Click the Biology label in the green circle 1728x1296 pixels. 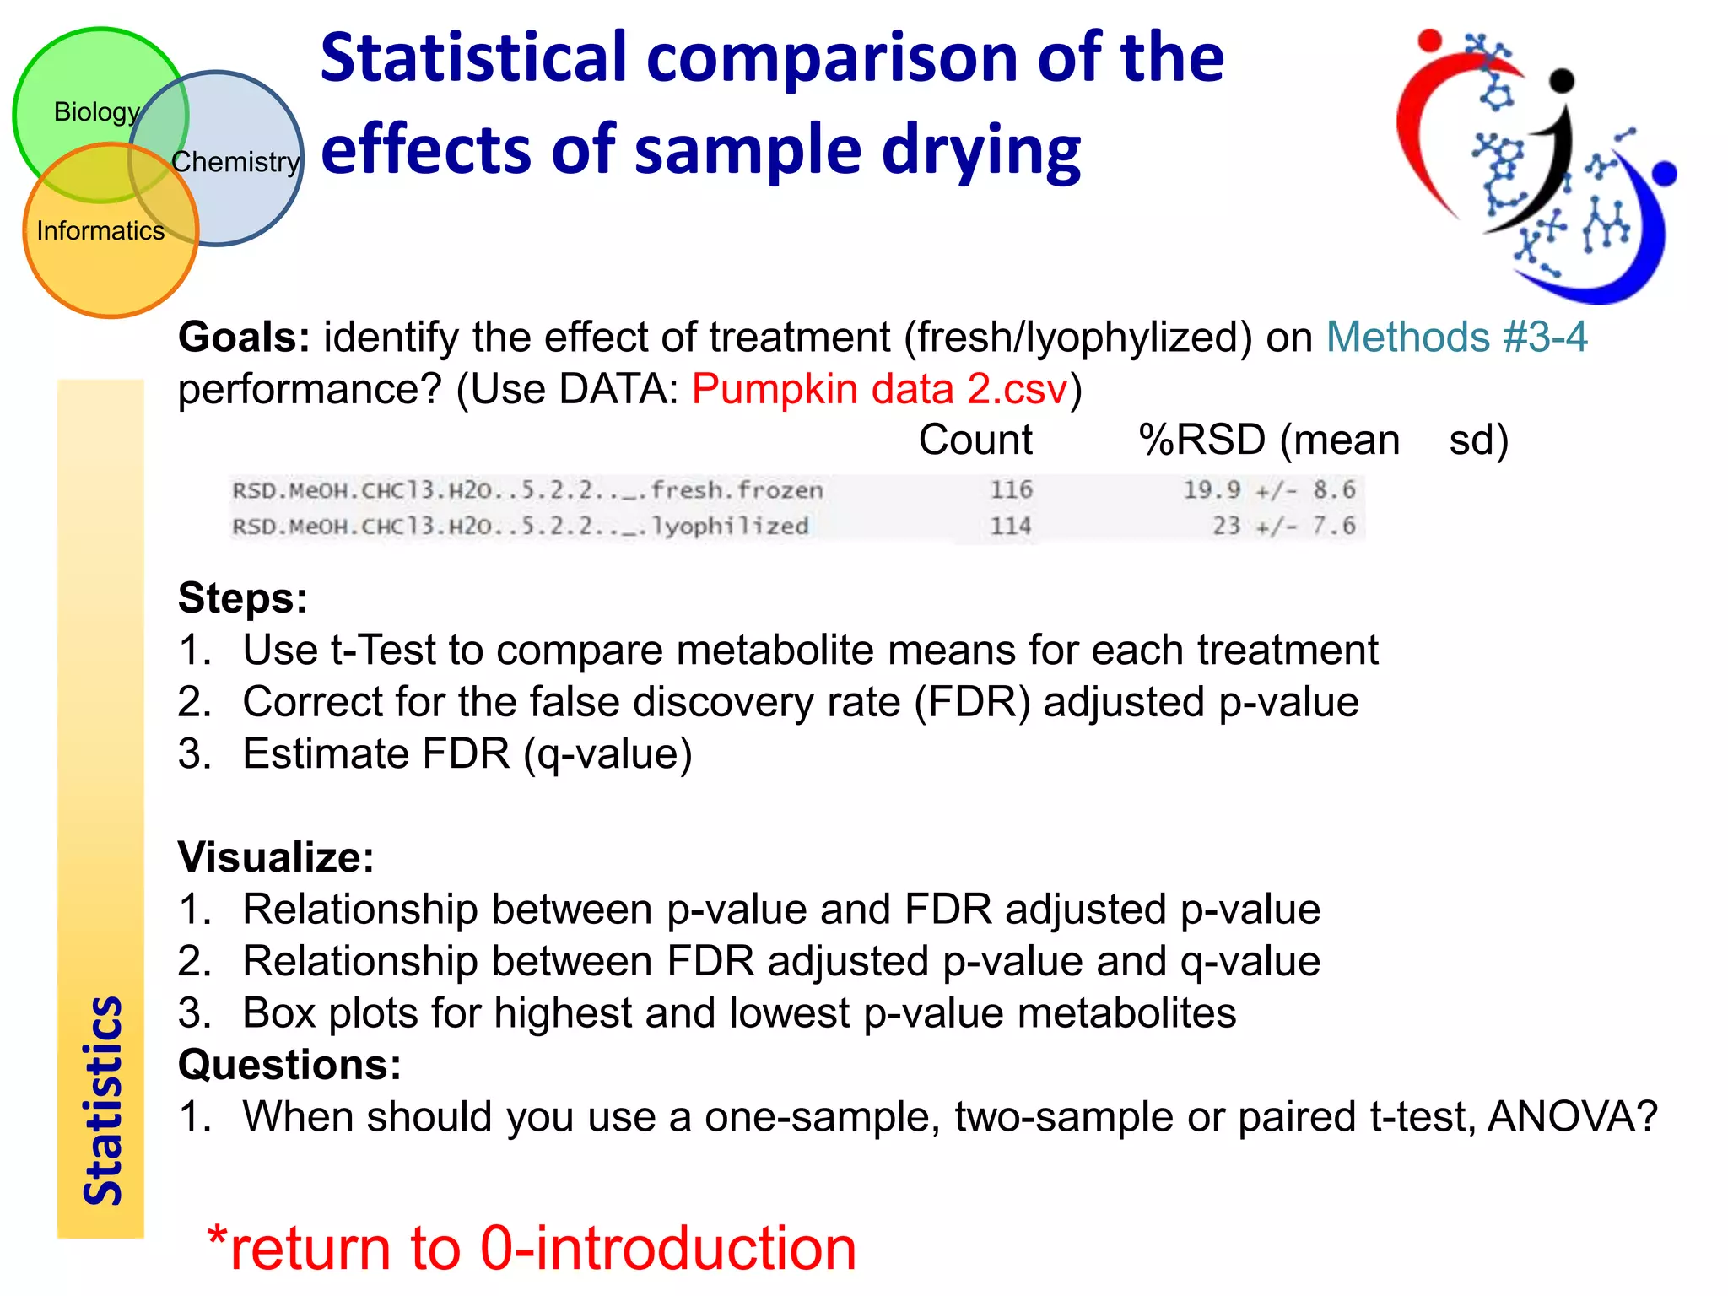[x=96, y=112]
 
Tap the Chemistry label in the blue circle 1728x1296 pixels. [x=235, y=161]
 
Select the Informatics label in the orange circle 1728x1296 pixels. [x=100, y=230]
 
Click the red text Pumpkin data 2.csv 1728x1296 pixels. [x=880, y=389]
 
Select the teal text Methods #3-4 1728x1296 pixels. [x=1456, y=337]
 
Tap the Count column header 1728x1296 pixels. [x=975, y=440]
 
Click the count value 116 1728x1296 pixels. [x=1011, y=489]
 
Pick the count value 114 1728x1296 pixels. [x=1011, y=526]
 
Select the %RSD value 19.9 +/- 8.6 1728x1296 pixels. [x=1268, y=489]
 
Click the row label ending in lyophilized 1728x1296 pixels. [x=521, y=526]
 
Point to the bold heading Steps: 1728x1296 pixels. [x=243, y=598]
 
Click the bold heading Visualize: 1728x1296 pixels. [x=276, y=857]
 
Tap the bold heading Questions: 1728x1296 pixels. [x=289, y=1065]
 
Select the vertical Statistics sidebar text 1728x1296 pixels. [x=102, y=1100]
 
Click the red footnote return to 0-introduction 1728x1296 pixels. [x=532, y=1248]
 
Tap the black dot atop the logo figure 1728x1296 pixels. [x=1563, y=80]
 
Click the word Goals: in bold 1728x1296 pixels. [x=244, y=337]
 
